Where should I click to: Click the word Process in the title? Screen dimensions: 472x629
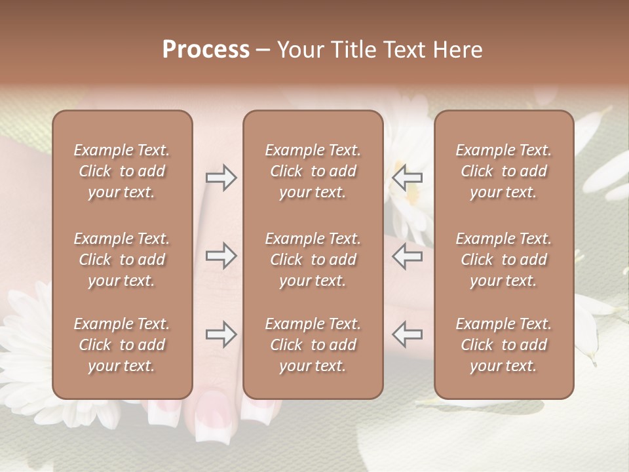(x=206, y=50)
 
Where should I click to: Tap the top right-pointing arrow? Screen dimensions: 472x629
(x=221, y=178)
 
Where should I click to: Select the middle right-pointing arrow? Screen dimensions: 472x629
(x=221, y=256)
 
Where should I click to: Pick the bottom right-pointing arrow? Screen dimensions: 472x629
(x=221, y=334)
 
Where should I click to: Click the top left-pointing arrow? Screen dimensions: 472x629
(x=408, y=178)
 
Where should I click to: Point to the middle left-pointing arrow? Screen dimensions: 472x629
(x=408, y=256)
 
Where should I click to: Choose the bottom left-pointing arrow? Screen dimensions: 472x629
(x=408, y=334)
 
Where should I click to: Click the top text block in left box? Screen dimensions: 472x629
(x=122, y=171)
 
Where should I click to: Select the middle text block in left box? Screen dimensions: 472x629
(x=122, y=260)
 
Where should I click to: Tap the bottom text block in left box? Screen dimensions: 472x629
(x=122, y=345)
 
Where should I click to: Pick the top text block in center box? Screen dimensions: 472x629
(x=313, y=171)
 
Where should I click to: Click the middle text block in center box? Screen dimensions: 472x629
(x=313, y=260)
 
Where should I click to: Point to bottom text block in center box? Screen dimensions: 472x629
(x=313, y=345)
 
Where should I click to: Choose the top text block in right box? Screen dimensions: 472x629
(x=503, y=171)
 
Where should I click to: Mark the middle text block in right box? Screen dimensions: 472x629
(x=503, y=260)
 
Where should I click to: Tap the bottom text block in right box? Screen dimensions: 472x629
(x=503, y=345)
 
